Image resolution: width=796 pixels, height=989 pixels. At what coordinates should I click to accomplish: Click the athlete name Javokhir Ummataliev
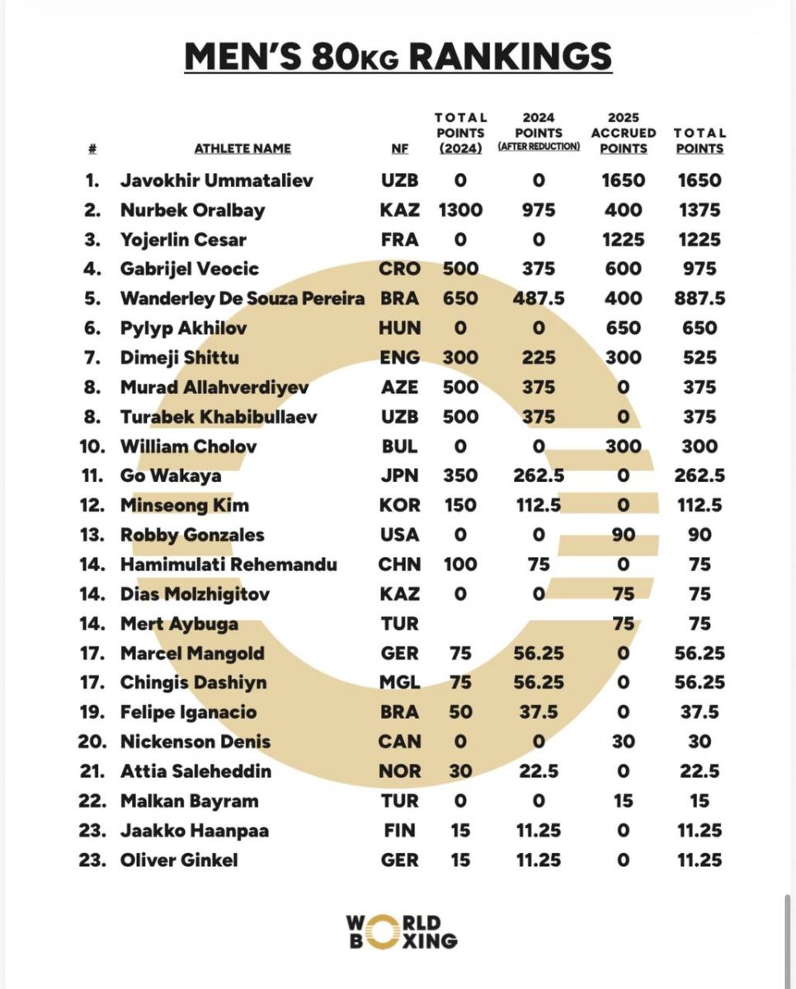pyautogui.click(x=217, y=180)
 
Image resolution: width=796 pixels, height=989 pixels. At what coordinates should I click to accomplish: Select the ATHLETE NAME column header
pyautogui.click(x=243, y=149)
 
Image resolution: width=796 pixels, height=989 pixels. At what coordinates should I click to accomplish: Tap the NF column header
pyautogui.click(x=399, y=149)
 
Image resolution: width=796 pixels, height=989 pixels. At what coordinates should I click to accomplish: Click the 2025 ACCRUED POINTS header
pyautogui.click(x=624, y=134)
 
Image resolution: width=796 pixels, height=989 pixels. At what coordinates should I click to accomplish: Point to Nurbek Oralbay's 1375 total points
pyautogui.click(x=698, y=210)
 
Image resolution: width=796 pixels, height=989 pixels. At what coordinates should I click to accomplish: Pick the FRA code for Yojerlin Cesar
pyautogui.click(x=399, y=240)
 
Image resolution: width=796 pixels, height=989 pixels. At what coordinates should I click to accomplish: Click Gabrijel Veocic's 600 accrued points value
pyautogui.click(x=624, y=269)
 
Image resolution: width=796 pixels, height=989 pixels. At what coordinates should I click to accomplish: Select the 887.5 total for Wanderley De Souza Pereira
pyautogui.click(x=698, y=298)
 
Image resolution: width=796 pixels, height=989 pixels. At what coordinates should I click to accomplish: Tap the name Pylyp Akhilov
pyautogui.click(x=183, y=328)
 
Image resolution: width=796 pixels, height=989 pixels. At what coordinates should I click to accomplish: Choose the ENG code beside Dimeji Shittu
pyautogui.click(x=399, y=358)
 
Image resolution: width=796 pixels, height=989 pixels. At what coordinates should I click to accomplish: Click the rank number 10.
pyautogui.click(x=92, y=447)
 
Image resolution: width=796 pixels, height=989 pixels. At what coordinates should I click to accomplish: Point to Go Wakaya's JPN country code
pyautogui.click(x=399, y=476)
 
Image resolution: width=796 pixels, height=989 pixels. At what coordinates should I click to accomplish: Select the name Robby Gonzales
pyautogui.click(x=192, y=535)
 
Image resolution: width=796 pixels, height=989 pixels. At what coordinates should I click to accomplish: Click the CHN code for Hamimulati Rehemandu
pyautogui.click(x=399, y=565)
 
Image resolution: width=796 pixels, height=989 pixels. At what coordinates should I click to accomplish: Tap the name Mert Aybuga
pyautogui.click(x=179, y=624)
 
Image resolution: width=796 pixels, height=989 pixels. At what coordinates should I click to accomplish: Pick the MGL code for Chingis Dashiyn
pyautogui.click(x=399, y=682)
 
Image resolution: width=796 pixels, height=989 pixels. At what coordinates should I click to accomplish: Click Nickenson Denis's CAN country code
pyautogui.click(x=399, y=742)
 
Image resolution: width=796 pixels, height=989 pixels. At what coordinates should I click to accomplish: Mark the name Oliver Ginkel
pyautogui.click(x=179, y=860)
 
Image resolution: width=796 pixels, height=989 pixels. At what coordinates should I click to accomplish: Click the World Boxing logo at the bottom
pyautogui.click(x=401, y=931)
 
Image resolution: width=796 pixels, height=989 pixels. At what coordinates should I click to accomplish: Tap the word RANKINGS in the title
pyautogui.click(x=511, y=56)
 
